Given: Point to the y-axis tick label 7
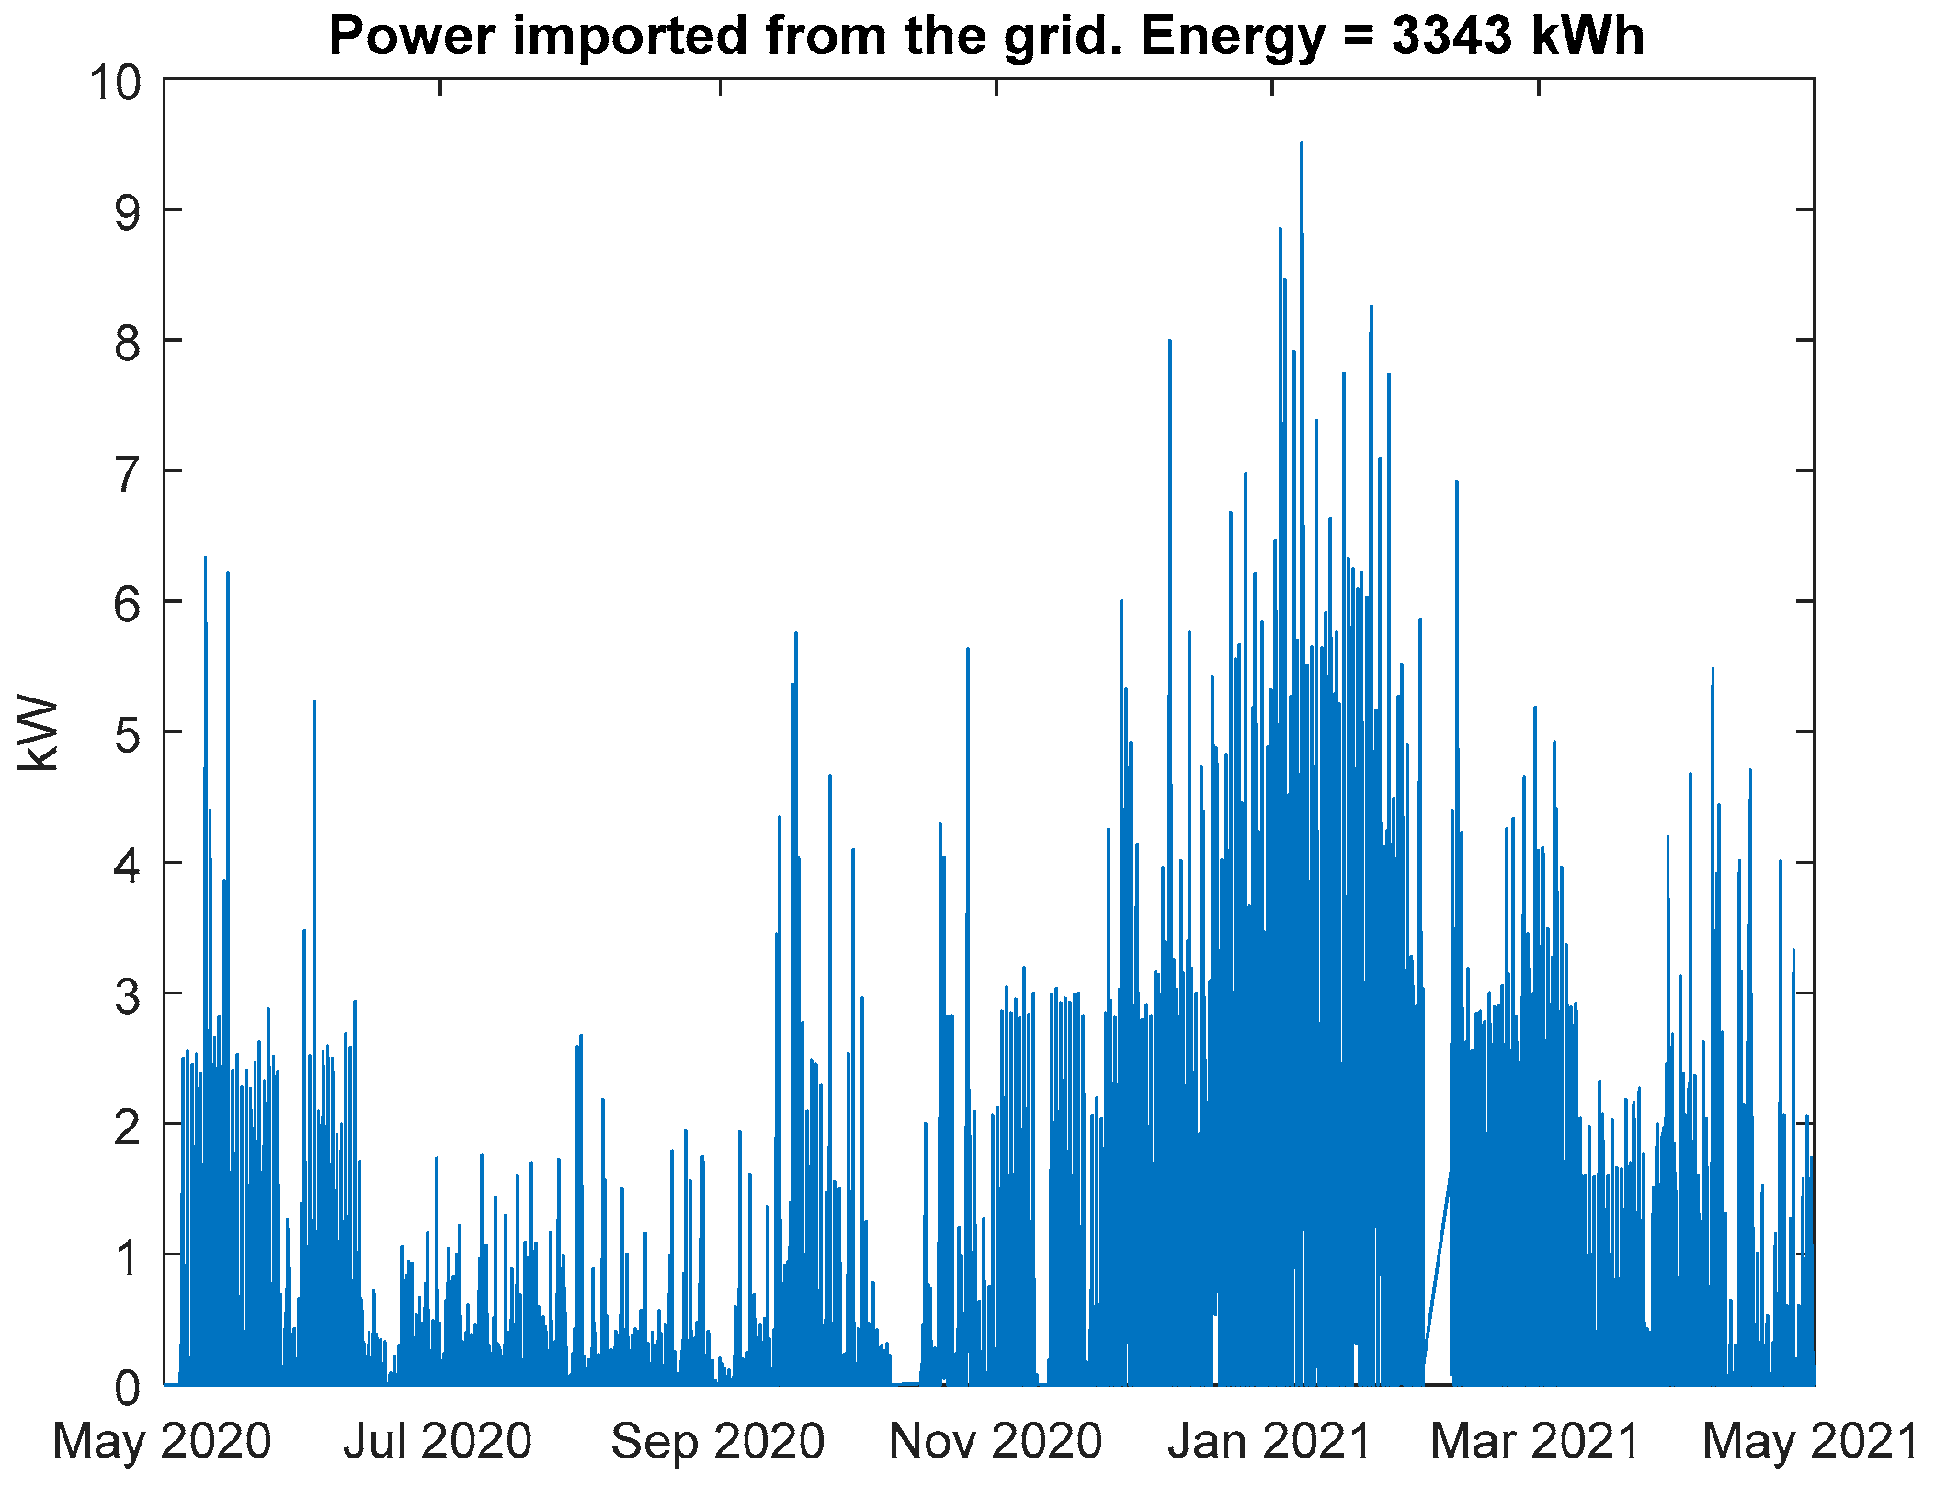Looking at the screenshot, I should click(128, 475).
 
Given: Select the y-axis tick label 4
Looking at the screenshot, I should click(128, 867).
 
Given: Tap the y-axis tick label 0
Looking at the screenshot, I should click(128, 1388).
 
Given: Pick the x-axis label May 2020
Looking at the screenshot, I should click(163, 1441).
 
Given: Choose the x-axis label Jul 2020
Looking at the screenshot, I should click(438, 1441).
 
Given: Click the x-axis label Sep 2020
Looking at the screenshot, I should click(718, 1441).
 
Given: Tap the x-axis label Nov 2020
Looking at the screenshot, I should click(996, 1441).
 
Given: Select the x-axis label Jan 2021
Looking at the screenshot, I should click(1270, 1441).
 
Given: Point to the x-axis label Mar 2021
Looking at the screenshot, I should click(1536, 1441).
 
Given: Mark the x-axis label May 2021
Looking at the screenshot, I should click(1811, 1441).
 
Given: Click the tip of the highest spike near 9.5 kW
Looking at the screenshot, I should click(1301, 142).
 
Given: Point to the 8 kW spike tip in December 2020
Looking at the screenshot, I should click(1169, 341).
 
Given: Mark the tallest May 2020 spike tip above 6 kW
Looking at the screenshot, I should click(205, 557).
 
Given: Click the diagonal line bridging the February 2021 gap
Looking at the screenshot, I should click(1438, 1277).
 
